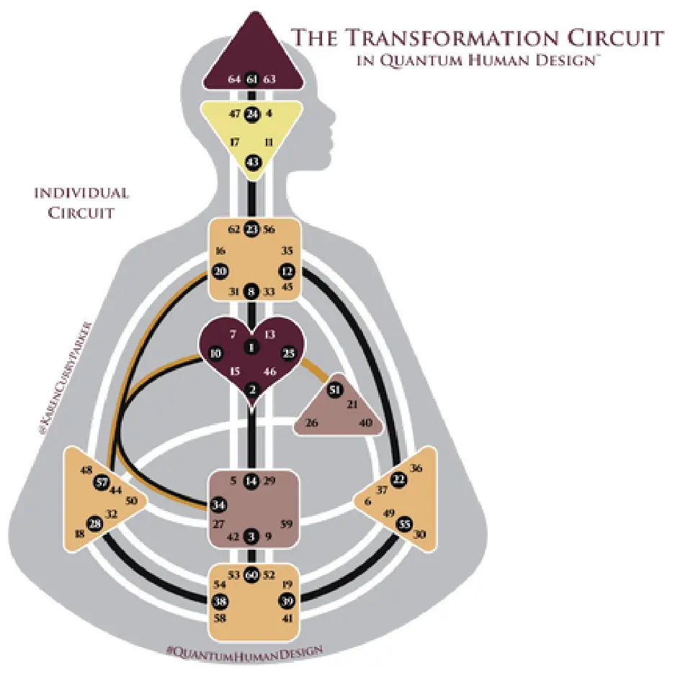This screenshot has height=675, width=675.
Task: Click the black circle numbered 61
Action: (x=251, y=79)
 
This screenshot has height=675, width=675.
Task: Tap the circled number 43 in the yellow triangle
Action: (x=252, y=163)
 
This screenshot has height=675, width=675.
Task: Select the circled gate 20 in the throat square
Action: (x=220, y=271)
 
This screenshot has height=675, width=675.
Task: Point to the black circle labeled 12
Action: (x=287, y=271)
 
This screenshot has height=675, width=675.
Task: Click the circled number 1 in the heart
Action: (x=251, y=347)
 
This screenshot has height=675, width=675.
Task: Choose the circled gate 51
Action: (x=334, y=390)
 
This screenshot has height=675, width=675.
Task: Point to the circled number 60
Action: (x=251, y=575)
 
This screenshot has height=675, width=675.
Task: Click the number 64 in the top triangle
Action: (x=233, y=79)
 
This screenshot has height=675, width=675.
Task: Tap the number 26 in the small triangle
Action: (x=311, y=422)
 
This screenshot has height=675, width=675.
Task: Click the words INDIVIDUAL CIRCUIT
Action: (x=81, y=203)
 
